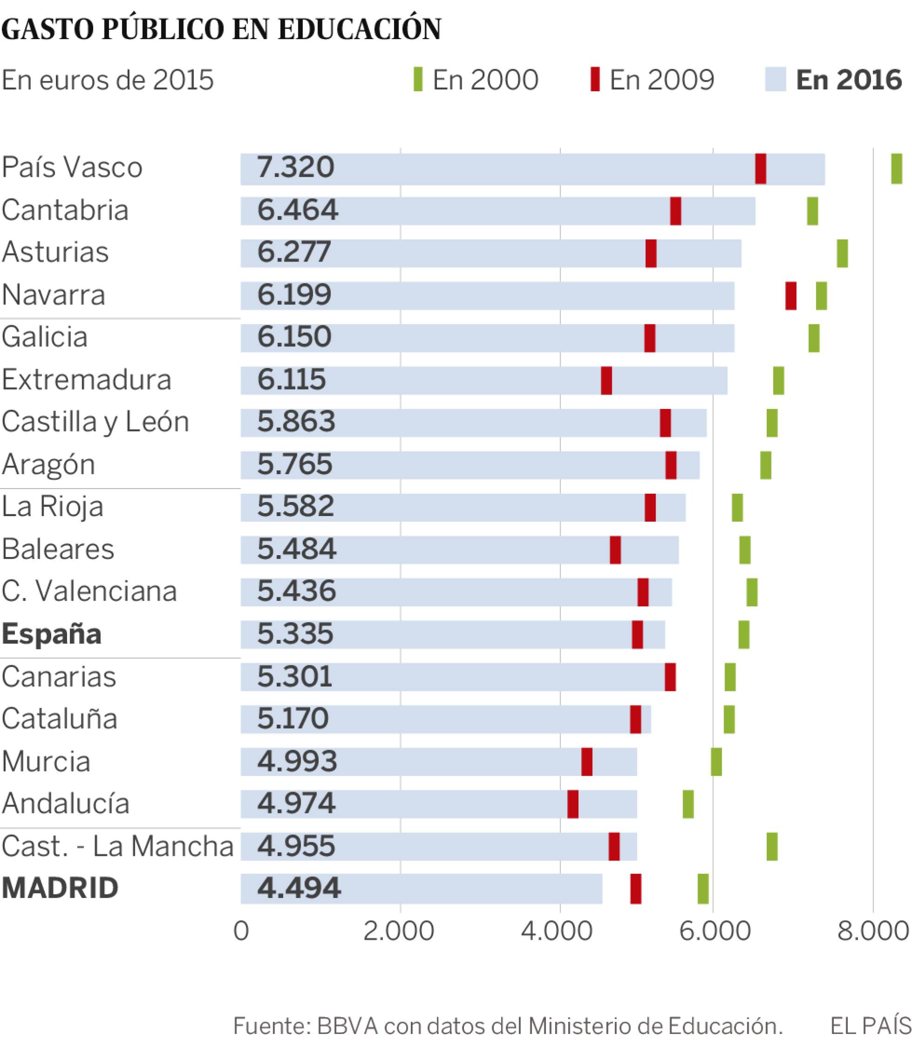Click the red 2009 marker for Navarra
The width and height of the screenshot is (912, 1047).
pyautogui.click(x=791, y=296)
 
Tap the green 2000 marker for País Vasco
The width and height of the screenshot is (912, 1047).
pyautogui.click(x=896, y=168)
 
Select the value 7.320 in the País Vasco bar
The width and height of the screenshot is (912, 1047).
pyautogui.click(x=295, y=167)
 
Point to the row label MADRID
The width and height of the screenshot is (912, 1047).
pyautogui.click(x=60, y=888)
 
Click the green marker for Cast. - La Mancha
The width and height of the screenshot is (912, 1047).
pyautogui.click(x=771, y=846)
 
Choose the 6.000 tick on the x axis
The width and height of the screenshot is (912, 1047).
pyautogui.click(x=715, y=932)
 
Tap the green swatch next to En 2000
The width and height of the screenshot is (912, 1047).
pyautogui.click(x=418, y=80)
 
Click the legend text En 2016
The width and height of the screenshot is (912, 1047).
pyautogui.click(x=848, y=80)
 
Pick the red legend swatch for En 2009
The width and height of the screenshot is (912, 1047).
pyautogui.click(x=595, y=80)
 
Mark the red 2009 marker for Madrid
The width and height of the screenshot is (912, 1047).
pyautogui.click(x=635, y=889)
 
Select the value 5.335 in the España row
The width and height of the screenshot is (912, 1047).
pyautogui.click(x=295, y=634)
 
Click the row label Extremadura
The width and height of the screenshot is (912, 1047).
pyautogui.click(x=86, y=380)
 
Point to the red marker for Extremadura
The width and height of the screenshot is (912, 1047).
pyautogui.click(x=606, y=380)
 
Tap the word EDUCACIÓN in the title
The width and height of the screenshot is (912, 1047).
pyautogui.click(x=359, y=29)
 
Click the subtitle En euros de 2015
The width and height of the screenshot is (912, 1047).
pyautogui.click(x=107, y=80)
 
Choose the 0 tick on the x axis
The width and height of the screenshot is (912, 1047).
pyautogui.click(x=241, y=932)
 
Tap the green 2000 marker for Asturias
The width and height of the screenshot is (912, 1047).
pyautogui.click(x=842, y=253)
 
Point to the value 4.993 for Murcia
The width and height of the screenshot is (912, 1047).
pyautogui.click(x=297, y=761)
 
